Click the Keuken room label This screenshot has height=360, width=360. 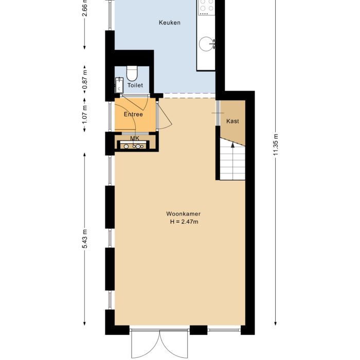coord(169,23)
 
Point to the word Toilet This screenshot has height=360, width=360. coord(135,85)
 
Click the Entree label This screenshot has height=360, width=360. coord(133,114)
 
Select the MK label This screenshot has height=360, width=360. coord(134,138)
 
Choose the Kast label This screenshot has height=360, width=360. coord(232,121)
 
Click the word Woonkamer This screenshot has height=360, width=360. coord(183,213)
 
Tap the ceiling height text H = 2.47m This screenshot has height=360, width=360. coord(184,222)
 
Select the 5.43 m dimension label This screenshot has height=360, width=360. coord(85,239)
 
